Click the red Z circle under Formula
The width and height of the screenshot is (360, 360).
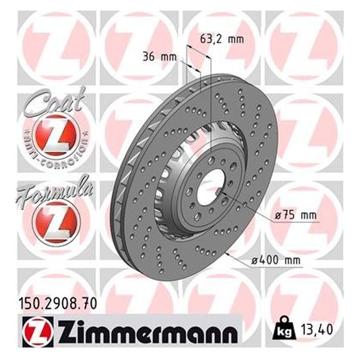(54, 220)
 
